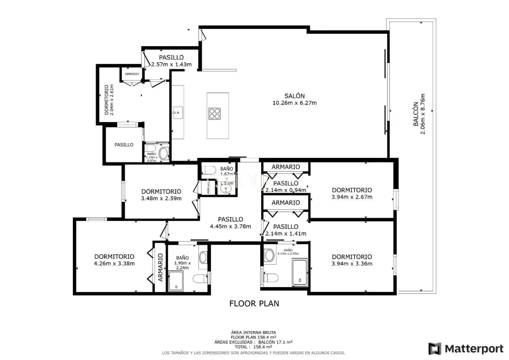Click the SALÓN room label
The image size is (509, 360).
[x=294, y=96]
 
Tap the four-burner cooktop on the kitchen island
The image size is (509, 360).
[x=215, y=113]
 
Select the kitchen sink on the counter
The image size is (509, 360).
[x=177, y=113]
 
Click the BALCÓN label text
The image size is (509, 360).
[x=416, y=114]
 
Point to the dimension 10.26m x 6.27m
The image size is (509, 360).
[x=294, y=103]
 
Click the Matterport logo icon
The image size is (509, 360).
[x=434, y=348]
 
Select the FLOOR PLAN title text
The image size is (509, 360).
[x=254, y=303]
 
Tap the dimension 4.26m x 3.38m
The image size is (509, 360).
[x=114, y=264]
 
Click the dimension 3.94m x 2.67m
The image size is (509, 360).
[x=352, y=197]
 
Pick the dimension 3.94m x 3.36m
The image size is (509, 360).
[x=352, y=264]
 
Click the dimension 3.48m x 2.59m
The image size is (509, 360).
[x=161, y=199]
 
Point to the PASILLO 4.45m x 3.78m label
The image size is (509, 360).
[x=230, y=223]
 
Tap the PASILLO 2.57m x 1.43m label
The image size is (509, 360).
[x=171, y=61]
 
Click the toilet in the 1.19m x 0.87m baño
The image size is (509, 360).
[x=164, y=154]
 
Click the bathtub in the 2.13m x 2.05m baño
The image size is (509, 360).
[x=300, y=272]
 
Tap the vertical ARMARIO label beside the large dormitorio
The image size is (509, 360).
[x=160, y=267]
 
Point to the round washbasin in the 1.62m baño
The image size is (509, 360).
[x=226, y=189]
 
